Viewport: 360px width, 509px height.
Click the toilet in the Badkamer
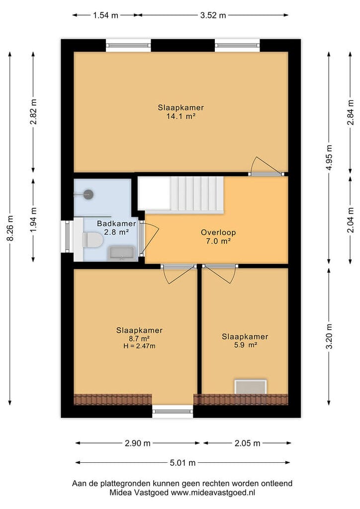(92, 240)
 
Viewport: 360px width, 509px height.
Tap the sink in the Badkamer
(122, 254)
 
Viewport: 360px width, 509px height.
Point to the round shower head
(89, 194)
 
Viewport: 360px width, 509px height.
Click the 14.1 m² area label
(181, 116)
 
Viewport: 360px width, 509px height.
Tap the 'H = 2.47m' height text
(139, 346)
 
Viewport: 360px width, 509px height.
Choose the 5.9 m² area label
(246, 345)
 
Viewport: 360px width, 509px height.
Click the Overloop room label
(218, 233)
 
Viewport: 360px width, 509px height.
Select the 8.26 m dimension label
(10, 228)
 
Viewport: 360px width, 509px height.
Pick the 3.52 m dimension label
(213, 15)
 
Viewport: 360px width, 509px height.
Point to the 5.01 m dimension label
(183, 463)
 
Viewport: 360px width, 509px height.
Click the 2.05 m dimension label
(247, 443)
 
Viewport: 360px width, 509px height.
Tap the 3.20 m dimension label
(329, 337)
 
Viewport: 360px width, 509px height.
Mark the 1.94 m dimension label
(33, 220)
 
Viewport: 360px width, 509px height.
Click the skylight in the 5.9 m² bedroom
(251, 387)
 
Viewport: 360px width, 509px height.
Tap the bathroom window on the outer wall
(67, 236)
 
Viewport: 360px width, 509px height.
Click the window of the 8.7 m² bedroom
(173, 411)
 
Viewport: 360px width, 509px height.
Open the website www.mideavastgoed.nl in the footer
(213, 493)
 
